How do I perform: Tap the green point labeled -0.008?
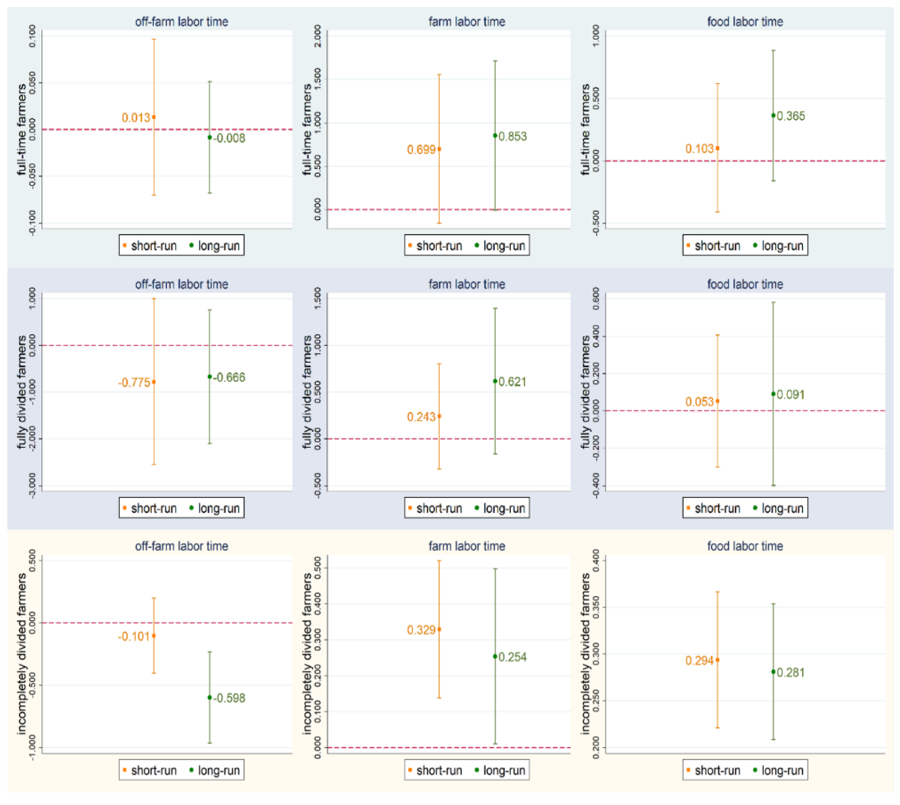tap(209, 138)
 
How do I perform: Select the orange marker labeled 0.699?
tap(439, 149)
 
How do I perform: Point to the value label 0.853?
tap(513, 136)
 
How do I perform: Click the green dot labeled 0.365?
tap(773, 115)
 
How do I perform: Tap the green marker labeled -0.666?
tap(209, 377)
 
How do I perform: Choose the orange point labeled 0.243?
tap(439, 416)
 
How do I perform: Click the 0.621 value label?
tap(513, 382)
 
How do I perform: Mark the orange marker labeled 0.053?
tap(717, 401)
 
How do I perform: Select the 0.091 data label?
tap(790, 394)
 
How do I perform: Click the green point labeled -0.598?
tap(209, 698)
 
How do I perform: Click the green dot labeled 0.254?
tap(495, 656)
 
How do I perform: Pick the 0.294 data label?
tap(699, 660)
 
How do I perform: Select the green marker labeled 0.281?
tap(773, 672)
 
